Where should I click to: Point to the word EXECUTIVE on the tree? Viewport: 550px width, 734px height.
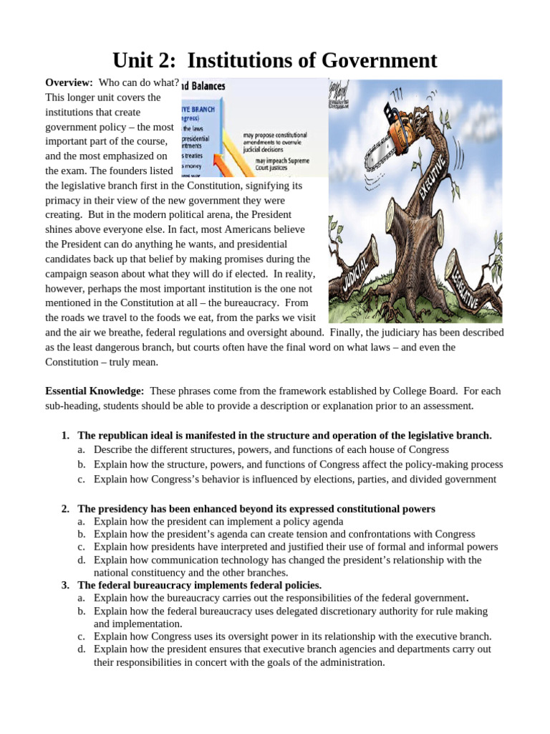point(432,176)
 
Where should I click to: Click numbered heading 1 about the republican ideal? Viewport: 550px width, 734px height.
point(284,435)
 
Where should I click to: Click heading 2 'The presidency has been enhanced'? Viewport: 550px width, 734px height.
point(256,509)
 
